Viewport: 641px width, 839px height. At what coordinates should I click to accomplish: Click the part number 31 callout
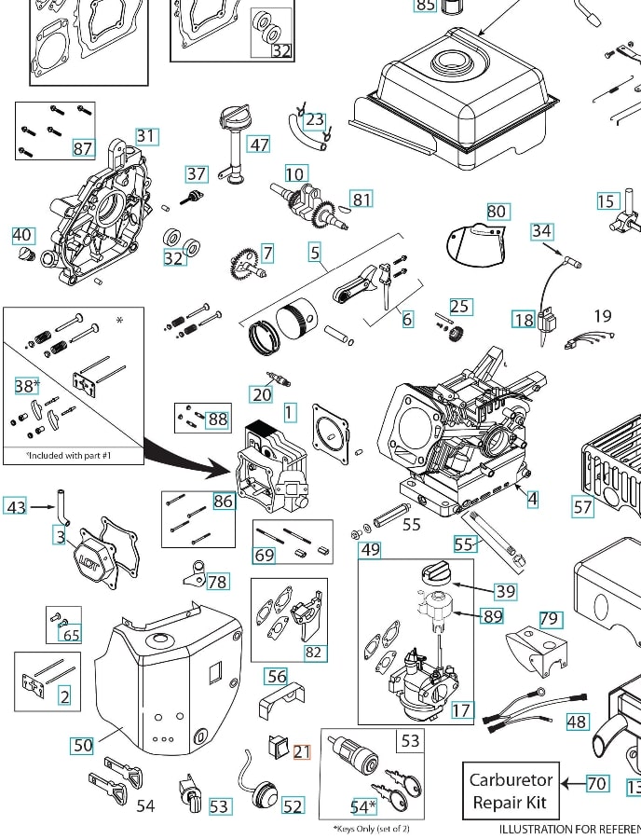click(146, 136)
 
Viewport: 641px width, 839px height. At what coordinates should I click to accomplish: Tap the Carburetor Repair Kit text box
click(511, 791)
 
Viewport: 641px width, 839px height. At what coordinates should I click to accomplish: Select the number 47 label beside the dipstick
click(259, 144)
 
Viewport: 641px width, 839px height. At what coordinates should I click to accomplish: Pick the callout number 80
click(497, 212)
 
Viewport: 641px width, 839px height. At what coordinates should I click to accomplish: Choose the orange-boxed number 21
click(302, 752)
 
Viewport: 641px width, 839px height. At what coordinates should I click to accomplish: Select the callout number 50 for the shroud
click(83, 745)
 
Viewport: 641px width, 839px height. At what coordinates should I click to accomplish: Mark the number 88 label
click(217, 419)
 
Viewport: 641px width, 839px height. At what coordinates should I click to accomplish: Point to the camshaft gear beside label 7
click(245, 261)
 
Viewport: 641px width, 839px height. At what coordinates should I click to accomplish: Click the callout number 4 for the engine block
click(532, 499)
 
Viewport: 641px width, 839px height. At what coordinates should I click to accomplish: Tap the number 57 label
click(582, 507)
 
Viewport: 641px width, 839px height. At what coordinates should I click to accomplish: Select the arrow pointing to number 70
click(572, 783)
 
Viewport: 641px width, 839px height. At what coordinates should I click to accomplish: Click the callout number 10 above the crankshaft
click(295, 173)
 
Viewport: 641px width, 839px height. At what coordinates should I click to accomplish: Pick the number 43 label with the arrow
click(16, 507)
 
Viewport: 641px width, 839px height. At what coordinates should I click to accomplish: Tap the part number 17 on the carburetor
click(461, 710)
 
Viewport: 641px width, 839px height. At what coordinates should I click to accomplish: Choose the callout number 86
click(223, 502)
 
